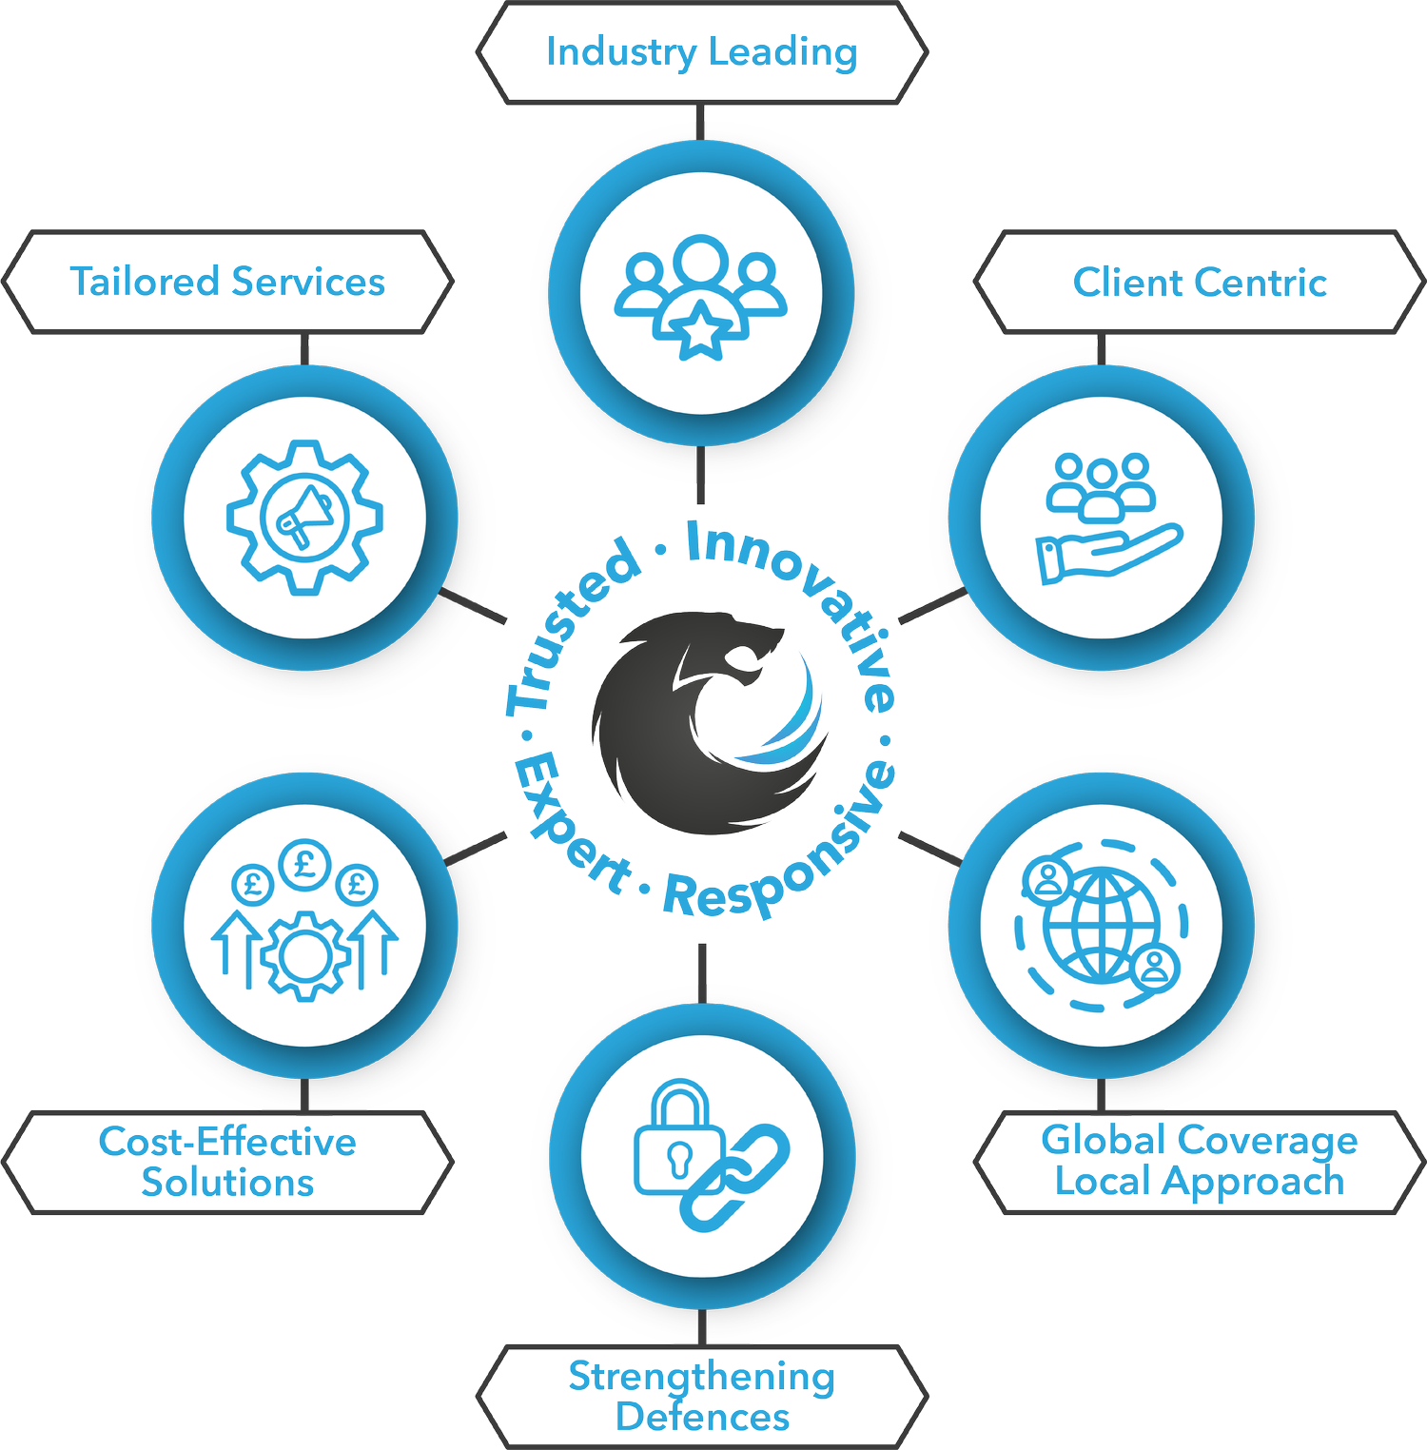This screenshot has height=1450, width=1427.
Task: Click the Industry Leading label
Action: click(x=702, y=52)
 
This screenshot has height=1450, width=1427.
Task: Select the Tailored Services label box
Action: click(x=228, y=282)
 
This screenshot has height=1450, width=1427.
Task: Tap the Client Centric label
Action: click(x=1200, y=282)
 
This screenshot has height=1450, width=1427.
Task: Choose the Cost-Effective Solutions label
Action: click(x=228, y=1162)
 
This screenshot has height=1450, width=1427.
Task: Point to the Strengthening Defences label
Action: click(x=702, y=1397)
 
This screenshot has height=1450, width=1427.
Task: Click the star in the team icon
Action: click(x=701, y=329)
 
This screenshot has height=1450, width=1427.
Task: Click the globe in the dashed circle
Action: click(x=1102, y=925)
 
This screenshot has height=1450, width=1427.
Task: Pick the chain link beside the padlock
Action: click(x=734, y=1178)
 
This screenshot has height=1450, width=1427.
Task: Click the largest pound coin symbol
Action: click(x=305, y=865)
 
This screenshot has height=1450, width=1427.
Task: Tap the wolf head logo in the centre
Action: click(x=710, y=722)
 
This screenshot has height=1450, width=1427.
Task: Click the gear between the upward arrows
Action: click(x=305, y=955)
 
